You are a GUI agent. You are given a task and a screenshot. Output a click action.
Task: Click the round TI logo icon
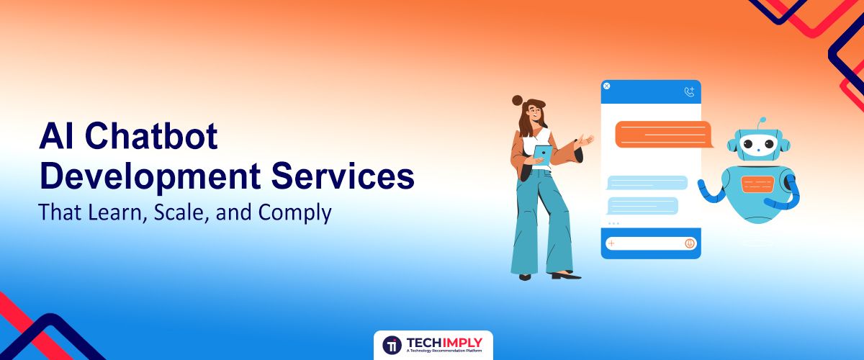pos(392,345)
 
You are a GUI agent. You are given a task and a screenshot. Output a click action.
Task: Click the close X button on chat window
pos(606,86)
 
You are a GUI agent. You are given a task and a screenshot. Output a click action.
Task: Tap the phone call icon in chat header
pos(689,91)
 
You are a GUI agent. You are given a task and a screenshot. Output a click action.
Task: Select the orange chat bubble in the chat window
pos(663,134)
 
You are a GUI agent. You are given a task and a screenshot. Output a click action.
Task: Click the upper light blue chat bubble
pos(647,182)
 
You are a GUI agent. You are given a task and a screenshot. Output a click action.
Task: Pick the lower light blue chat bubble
pos(642,205)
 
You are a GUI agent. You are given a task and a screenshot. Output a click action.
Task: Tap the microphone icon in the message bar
pos(689,243)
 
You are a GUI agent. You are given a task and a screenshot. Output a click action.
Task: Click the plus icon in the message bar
pos(611,243)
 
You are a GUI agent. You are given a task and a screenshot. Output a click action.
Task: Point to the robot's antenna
pos(763,122)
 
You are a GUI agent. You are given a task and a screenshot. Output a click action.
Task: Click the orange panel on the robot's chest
pos(757,184)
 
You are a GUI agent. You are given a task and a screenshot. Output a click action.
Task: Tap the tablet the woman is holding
pos(541,153)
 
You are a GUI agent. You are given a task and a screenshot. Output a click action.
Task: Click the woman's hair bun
pos(516,100)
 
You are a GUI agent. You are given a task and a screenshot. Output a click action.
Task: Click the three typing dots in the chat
pos(613,224)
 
